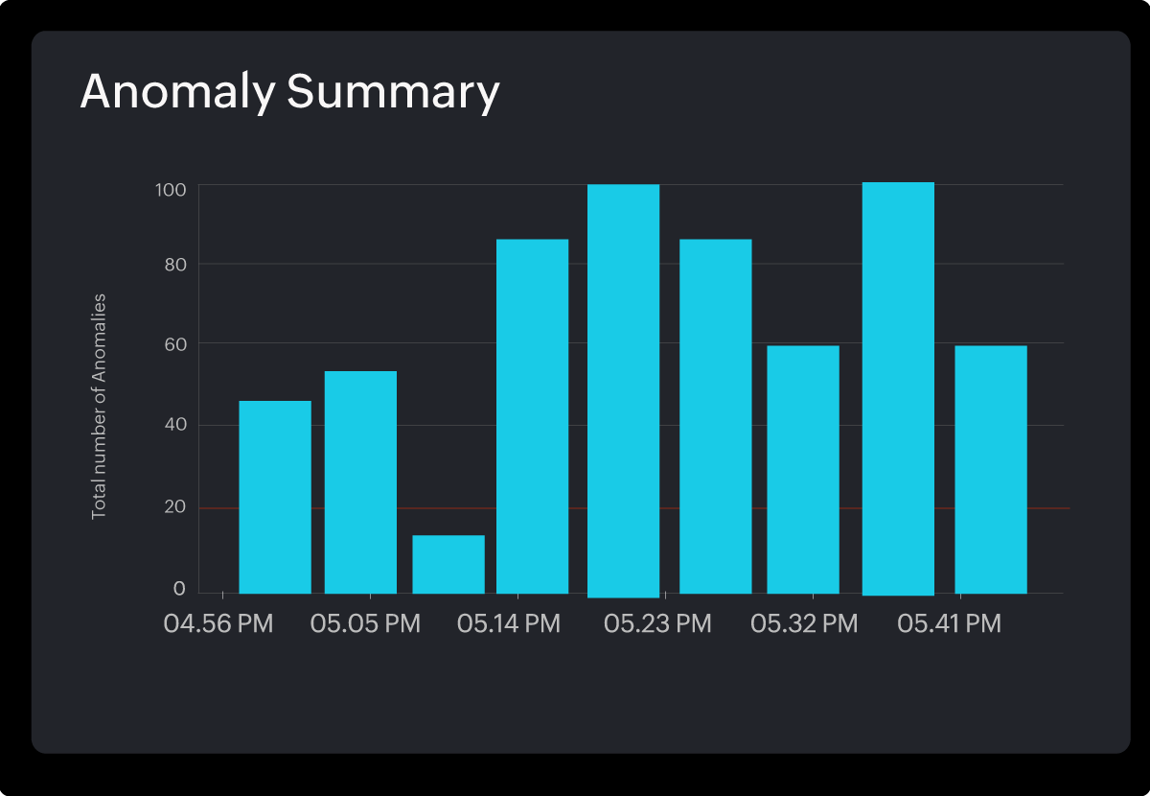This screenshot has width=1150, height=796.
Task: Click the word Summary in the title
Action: point(393,93)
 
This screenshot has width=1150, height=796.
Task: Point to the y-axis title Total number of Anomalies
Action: point(99,407)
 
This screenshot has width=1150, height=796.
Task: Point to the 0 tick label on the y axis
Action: point(178,588)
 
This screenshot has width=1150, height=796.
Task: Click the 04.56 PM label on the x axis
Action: point(218,624)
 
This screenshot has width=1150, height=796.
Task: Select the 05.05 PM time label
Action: point(365,624)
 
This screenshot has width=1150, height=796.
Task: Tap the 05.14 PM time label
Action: point(509,624)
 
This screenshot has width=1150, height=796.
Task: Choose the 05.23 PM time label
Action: point(657,624)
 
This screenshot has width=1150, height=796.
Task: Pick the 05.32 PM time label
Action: point(804,624)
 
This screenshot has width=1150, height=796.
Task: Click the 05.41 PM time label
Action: point(949,624)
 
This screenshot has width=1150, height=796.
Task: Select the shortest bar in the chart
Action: point(448,565)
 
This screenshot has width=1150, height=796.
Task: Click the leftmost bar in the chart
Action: point(275,498)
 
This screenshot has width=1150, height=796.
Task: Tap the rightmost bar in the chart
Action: point(991,470)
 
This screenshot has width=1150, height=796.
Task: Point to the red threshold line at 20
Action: point(1050,508)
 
